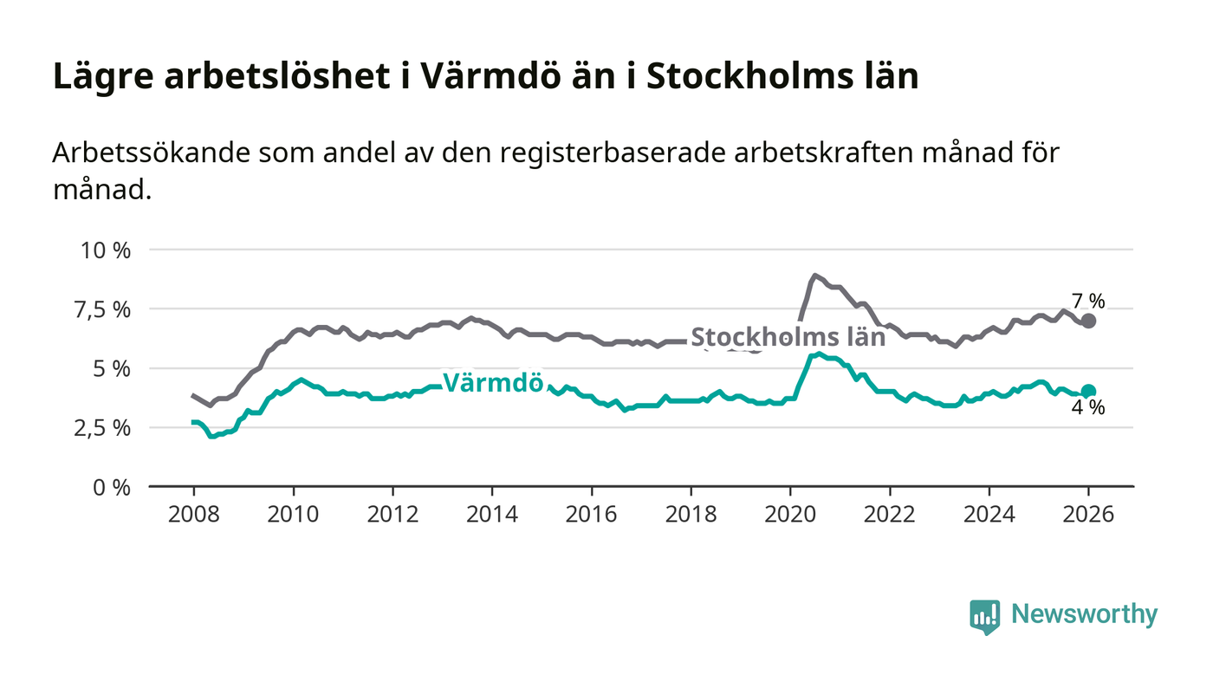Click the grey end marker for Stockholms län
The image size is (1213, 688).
click(1088, 321)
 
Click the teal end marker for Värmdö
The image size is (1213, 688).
click(1088, 392)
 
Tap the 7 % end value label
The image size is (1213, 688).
click(1088, 302)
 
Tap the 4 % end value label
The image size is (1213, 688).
click(1088, 408)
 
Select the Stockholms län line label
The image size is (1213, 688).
click(788, 337)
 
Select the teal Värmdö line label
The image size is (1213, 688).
click(493, 383)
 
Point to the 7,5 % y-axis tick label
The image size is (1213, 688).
click(105, 309)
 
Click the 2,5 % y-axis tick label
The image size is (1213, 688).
click(105, 428)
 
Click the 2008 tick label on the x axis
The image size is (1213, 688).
click(193, 514)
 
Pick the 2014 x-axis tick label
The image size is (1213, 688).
click(491, 514)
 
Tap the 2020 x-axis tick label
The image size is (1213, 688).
click(790, 514)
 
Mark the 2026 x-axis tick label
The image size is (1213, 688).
click(1088, 514)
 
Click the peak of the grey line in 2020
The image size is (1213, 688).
click(814, 276)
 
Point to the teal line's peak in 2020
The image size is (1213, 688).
click(820, 354)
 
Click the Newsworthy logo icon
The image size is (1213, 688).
click(984, 616)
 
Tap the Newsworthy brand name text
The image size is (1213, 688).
click(1084, 614)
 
